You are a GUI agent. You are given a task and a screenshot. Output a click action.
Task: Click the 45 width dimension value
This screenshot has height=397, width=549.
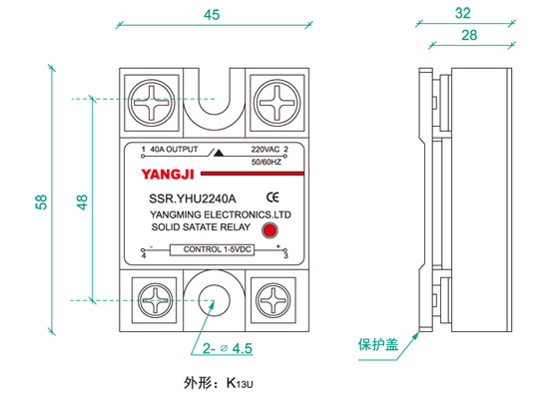tap(212, 15)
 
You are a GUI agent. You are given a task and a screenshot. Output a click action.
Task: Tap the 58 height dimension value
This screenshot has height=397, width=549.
tap(41, 201)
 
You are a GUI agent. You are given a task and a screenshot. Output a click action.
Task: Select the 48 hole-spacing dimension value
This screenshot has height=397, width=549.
tap(82, 201)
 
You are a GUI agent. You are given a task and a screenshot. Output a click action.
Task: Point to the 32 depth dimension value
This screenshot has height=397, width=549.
tap(462, 13)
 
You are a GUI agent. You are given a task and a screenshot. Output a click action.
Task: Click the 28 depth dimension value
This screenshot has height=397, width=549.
tap(469, 35)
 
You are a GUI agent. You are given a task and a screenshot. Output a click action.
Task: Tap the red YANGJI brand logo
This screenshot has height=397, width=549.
tap(168, 175)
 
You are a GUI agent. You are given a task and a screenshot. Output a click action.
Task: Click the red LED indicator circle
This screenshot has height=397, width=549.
tap(270, 230)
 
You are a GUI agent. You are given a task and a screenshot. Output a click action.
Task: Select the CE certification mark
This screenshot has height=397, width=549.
tap(273, 198)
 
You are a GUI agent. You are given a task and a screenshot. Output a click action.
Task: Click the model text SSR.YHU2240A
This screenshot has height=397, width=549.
tap(193, 198)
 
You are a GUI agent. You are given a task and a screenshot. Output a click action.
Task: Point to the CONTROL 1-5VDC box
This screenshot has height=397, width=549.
tap(213, 249)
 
